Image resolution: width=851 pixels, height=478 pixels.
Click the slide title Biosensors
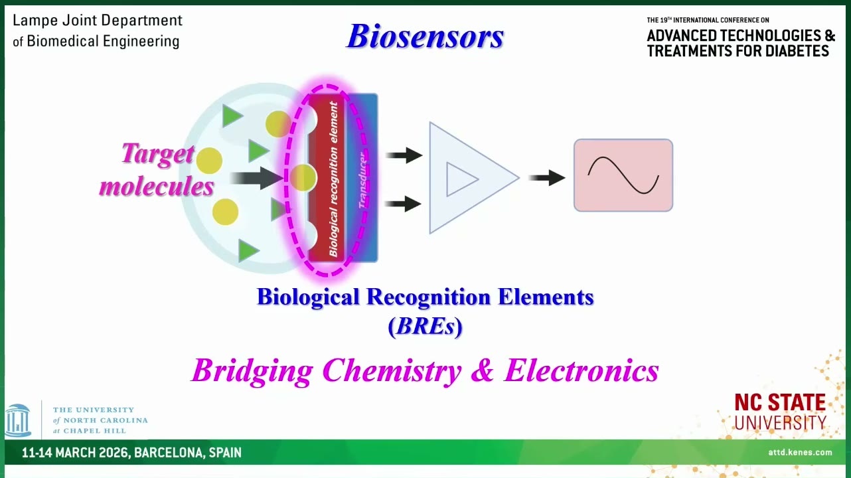(425, 36)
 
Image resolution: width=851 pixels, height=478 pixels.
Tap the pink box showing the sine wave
(623, 175)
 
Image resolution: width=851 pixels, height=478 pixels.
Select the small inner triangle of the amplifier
(461, 179)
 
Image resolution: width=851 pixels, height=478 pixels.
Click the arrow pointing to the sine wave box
(547, 177)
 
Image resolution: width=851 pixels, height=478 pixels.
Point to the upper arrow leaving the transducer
(404, 155)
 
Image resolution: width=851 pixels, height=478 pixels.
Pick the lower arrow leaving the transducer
(403, 204)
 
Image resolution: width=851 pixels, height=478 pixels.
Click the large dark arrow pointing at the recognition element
(257, 178)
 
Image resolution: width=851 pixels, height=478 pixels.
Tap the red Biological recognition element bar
(327, 178)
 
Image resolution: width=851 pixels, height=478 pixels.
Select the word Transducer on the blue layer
(363, 180)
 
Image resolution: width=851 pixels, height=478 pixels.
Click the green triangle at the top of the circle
(231, 116)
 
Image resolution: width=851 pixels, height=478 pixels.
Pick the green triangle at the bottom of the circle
(248, 251)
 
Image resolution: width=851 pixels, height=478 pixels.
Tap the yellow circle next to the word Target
(209, 161)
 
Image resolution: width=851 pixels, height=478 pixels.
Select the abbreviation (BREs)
(425, 326)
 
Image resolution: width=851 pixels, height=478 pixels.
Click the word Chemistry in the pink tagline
(392, 370)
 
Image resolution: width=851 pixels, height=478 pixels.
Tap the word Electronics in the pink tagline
(581, 370)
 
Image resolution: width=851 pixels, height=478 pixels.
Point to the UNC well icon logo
(17, 421)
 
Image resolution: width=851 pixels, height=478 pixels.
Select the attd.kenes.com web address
(800, 452)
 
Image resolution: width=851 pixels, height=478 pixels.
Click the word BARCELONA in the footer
(169, 453)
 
